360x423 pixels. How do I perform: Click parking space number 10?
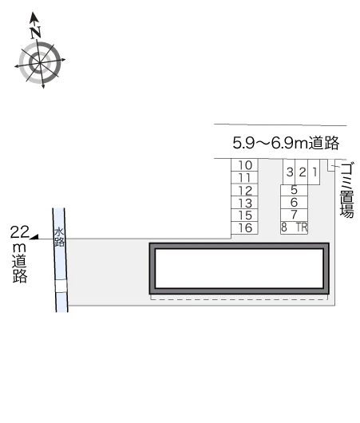tap(244, 165)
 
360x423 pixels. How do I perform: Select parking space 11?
tap(244, 177)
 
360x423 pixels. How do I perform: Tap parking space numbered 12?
tap(244, 190)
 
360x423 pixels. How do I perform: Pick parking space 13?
tap(244, 203)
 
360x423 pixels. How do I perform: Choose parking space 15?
tap(244, 215)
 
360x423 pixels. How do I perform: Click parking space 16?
tap(244, 227)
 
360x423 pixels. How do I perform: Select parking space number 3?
tap(289, 172)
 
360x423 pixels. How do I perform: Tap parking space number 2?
tap(302, 172)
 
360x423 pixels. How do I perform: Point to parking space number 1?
tap(314, 172)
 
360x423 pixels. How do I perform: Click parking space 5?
tap(295, 190)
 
